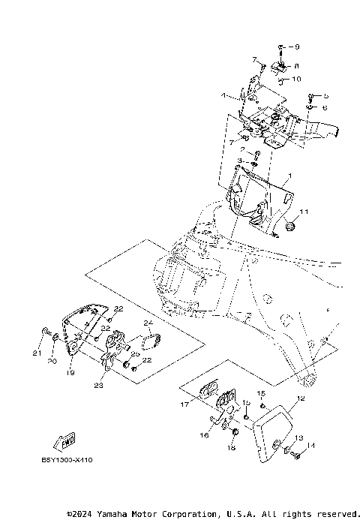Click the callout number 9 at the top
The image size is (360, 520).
click(296, 47)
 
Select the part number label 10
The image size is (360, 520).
click(297, 79)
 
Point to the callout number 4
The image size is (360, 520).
click(223, 95)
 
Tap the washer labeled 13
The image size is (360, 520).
click(288, 449)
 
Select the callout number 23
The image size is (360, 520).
click(98, 386)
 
